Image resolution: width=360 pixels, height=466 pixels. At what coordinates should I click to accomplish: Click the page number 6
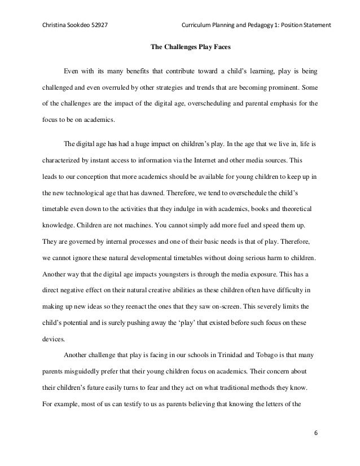tap(315, 432)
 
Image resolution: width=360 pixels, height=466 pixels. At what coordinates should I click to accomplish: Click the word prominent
tap(287, 88)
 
